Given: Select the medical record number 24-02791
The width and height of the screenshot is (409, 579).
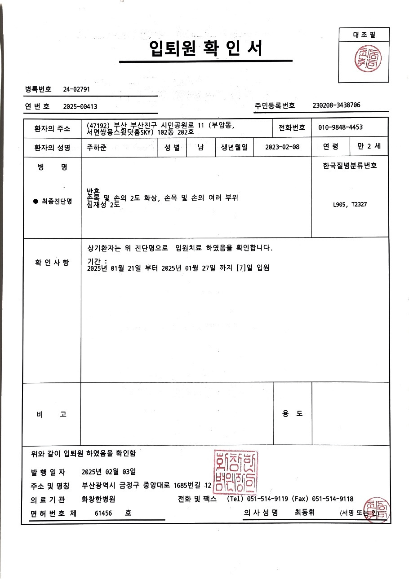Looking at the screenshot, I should (x=76, y=89).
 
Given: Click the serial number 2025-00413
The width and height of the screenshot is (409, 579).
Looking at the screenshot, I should (x=80, y=106).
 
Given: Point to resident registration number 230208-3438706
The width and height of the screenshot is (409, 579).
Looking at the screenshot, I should (x=336, y=105).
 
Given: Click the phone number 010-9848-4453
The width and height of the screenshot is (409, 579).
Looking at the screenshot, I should (x=340, y=127).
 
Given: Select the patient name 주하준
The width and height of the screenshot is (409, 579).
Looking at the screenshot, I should (x=96, y=147).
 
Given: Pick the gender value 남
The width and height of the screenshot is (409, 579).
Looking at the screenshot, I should (x=200, y=147).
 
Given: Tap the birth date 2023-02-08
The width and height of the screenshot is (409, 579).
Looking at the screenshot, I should (x=282, y=147).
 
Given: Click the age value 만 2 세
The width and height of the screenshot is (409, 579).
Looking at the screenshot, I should (x=369, y=146).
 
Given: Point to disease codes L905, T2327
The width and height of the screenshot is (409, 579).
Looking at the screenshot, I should (x=350, y=205).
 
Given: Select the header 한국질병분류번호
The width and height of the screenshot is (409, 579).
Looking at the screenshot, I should (x=350, y=166).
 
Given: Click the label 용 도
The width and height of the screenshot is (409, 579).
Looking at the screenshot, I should (x=292, y=414).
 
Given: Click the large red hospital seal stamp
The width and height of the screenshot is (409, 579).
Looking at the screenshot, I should (x=236, y=472).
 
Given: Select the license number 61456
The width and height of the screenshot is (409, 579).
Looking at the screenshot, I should (x=103, y=513).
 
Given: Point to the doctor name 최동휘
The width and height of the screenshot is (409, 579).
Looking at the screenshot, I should (x=305, y=512).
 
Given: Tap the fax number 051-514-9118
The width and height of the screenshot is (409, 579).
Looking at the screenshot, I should (x=333, y=499).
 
